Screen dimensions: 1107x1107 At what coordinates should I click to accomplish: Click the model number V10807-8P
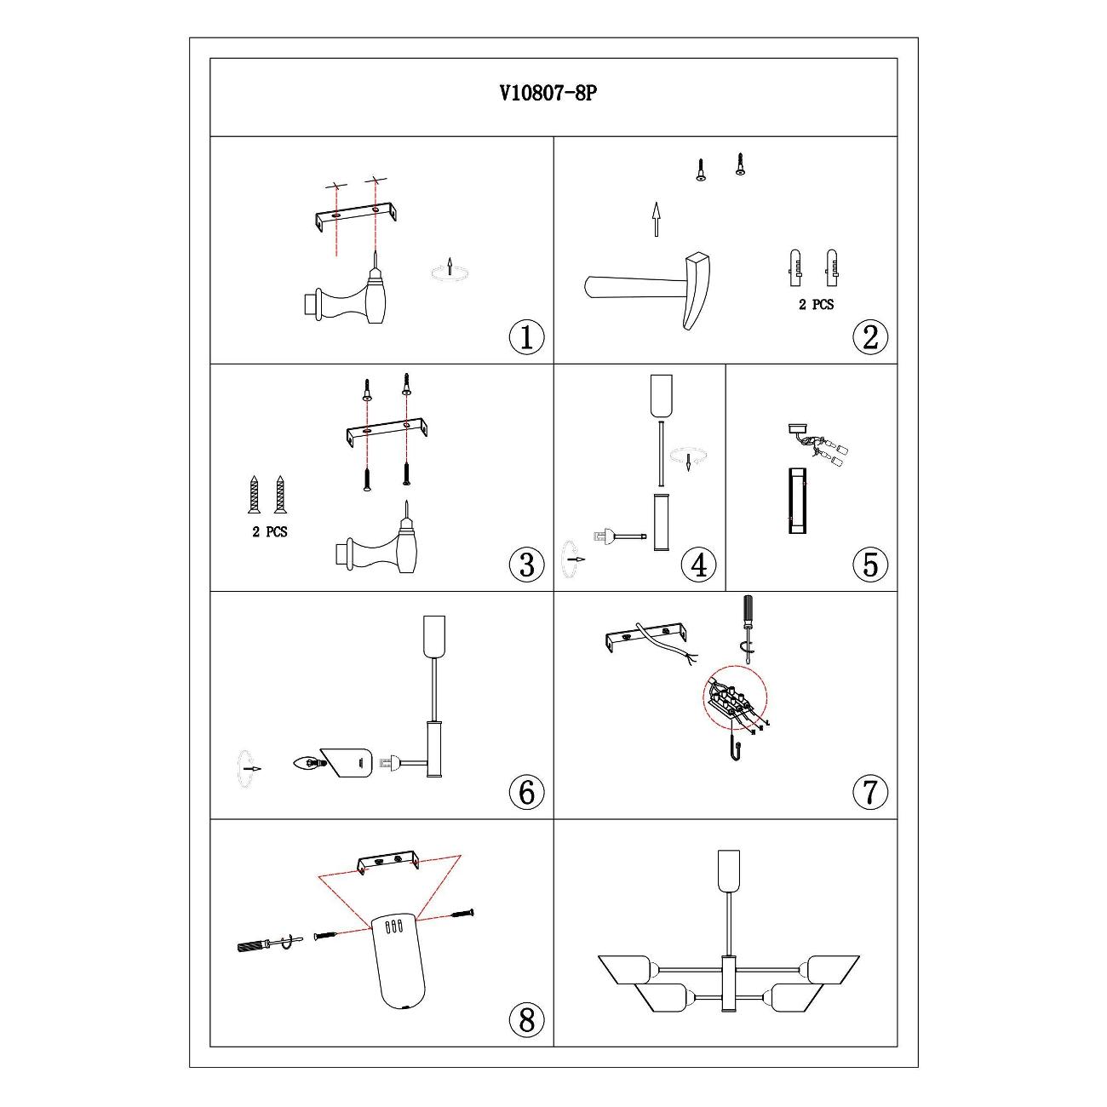coord(548,93)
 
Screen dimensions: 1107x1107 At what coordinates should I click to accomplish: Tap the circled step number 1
coord(526,337)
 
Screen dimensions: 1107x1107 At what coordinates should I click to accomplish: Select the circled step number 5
coord(869,564)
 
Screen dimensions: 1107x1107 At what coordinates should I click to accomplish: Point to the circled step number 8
coord(526,1020)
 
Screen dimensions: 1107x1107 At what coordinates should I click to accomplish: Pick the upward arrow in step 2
coord(656,219)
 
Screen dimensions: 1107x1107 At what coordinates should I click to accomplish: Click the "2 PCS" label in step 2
coord(816,305)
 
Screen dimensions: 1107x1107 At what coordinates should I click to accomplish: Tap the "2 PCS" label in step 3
coord(269,532)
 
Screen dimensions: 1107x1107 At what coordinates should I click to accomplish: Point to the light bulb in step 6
coord(310,764)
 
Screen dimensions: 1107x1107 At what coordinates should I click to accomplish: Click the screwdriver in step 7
coord(748,629)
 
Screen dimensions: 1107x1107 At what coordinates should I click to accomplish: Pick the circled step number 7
coord(869,792)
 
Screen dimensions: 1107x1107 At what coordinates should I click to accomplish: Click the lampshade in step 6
coord(347,763)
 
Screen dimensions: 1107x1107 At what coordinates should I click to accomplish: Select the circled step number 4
coord(698,564)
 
